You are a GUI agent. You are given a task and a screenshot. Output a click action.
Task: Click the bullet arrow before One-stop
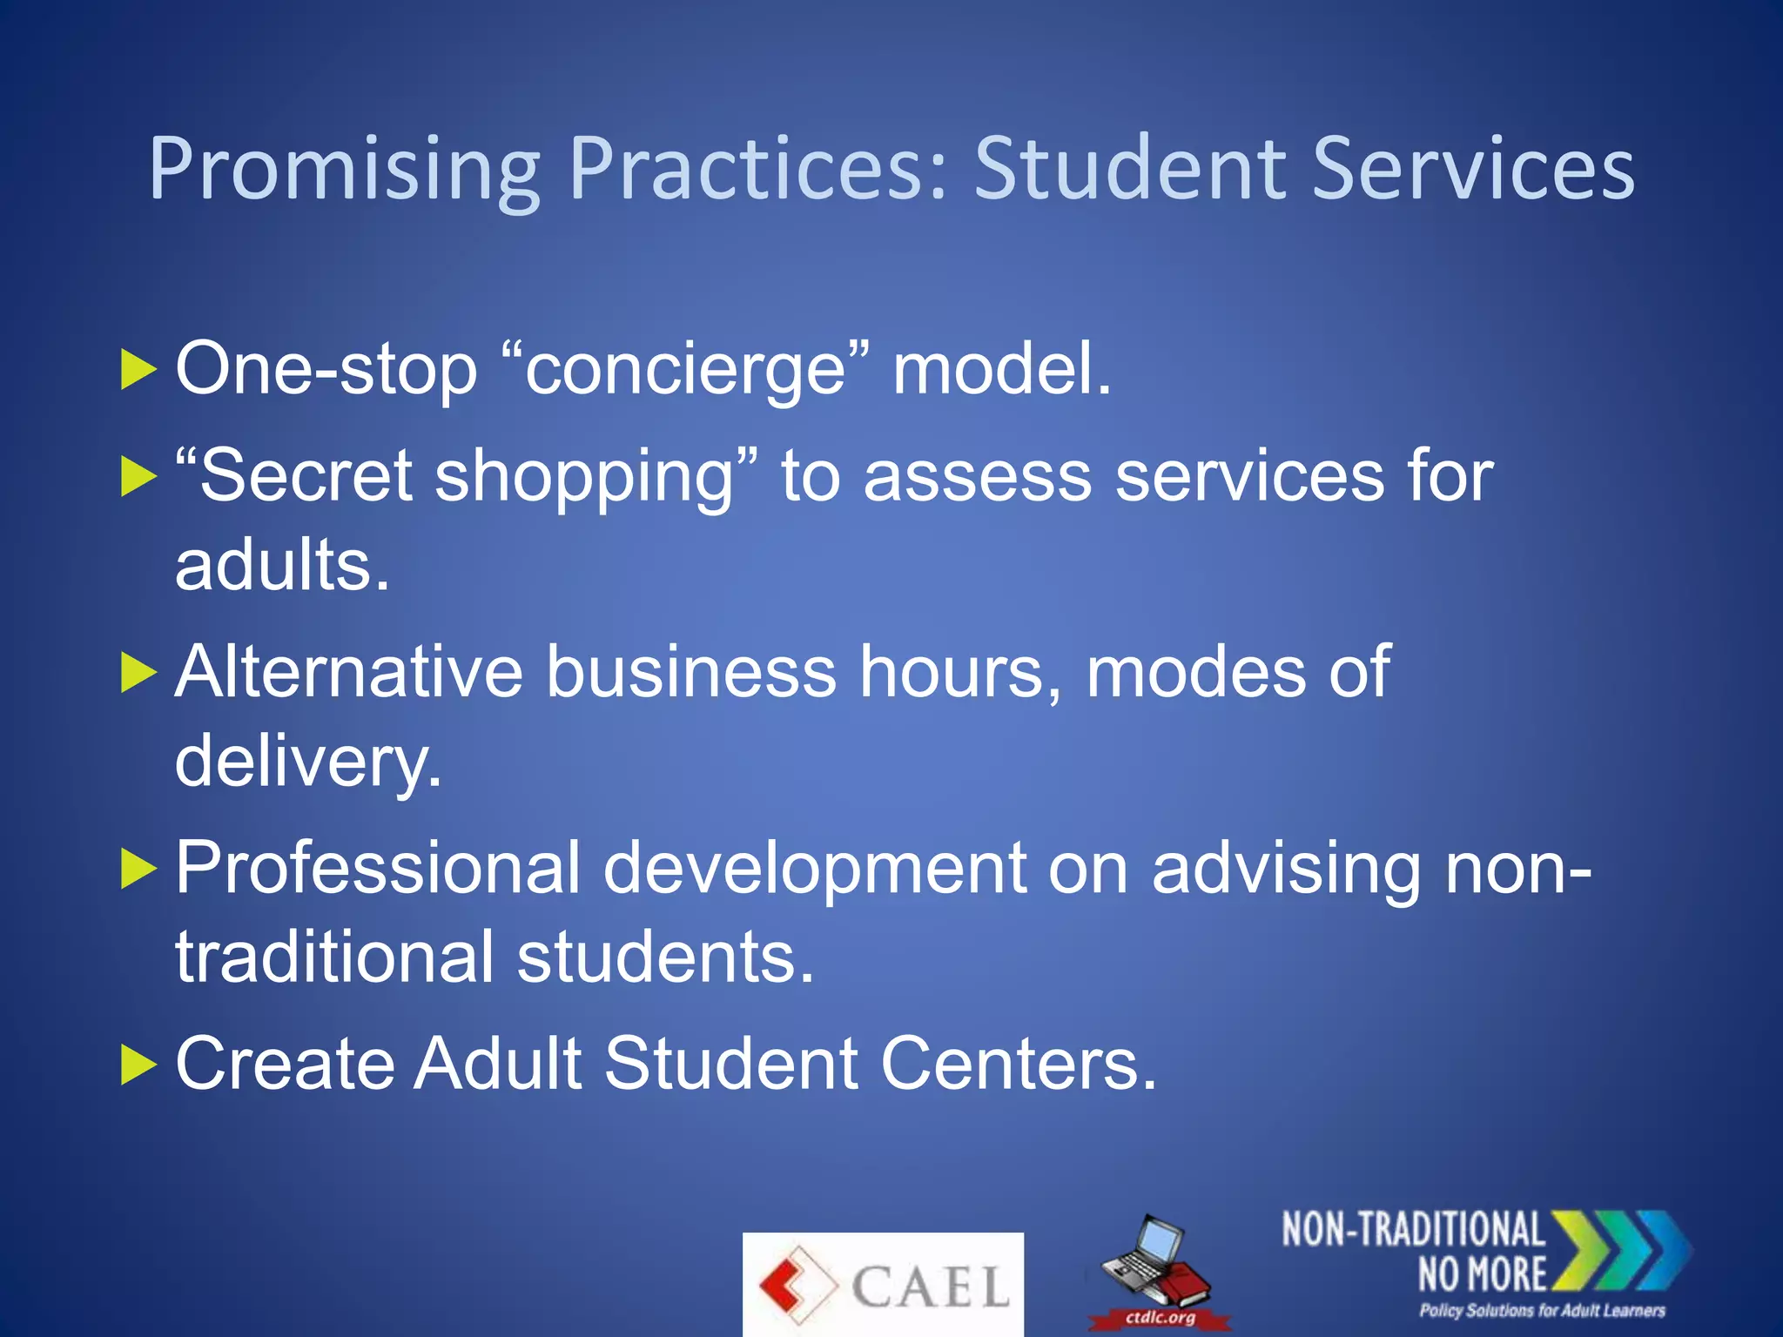[138, 370]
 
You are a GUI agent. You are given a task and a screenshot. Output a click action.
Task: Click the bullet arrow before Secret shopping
[138, 477]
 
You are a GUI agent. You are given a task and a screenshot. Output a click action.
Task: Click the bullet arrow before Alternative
[138, 673]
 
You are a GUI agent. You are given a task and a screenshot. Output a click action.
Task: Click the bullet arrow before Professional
[138, 869]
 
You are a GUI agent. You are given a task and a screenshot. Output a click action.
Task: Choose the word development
[815, 869]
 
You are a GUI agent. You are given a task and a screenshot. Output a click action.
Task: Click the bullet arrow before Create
[138, 1065]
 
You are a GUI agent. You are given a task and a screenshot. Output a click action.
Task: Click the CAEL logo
[883, 1285]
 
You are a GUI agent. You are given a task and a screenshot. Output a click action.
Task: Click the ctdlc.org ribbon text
[1160, 1318]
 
